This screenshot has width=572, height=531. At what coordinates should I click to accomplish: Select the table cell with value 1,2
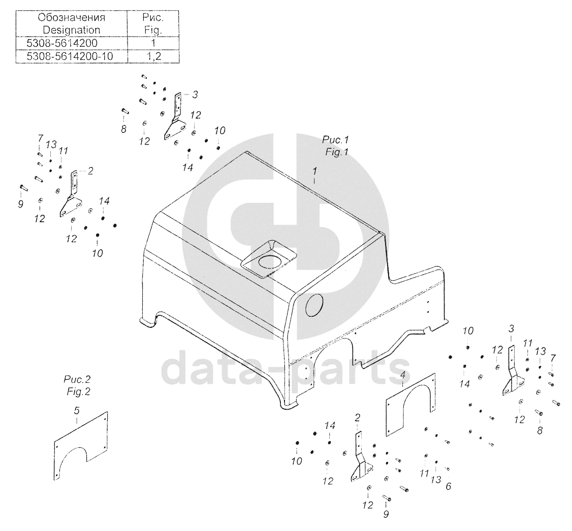tap(153, 56)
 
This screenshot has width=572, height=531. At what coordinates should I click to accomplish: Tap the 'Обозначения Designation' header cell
tap(72, 23)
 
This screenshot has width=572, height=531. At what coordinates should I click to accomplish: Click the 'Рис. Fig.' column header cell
tap(153, 23)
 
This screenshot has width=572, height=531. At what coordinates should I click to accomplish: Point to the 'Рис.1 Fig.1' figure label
tap(336, 146)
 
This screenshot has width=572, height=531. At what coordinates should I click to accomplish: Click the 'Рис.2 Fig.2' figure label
tap(77, 385)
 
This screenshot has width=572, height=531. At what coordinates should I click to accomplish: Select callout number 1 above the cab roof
tap(315, 171)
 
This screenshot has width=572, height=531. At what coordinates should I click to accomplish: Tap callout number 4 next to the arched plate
tap(403, 374)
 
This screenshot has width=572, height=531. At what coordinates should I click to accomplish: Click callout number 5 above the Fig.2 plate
tap(77, 411)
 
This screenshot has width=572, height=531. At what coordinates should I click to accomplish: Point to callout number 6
tap(449, 486)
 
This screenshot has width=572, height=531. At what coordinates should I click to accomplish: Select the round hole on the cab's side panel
tap(314, 305)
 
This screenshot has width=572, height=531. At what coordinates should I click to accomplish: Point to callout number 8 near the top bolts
tap(123, 129)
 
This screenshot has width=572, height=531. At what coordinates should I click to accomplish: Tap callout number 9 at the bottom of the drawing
tap(386, 514)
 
